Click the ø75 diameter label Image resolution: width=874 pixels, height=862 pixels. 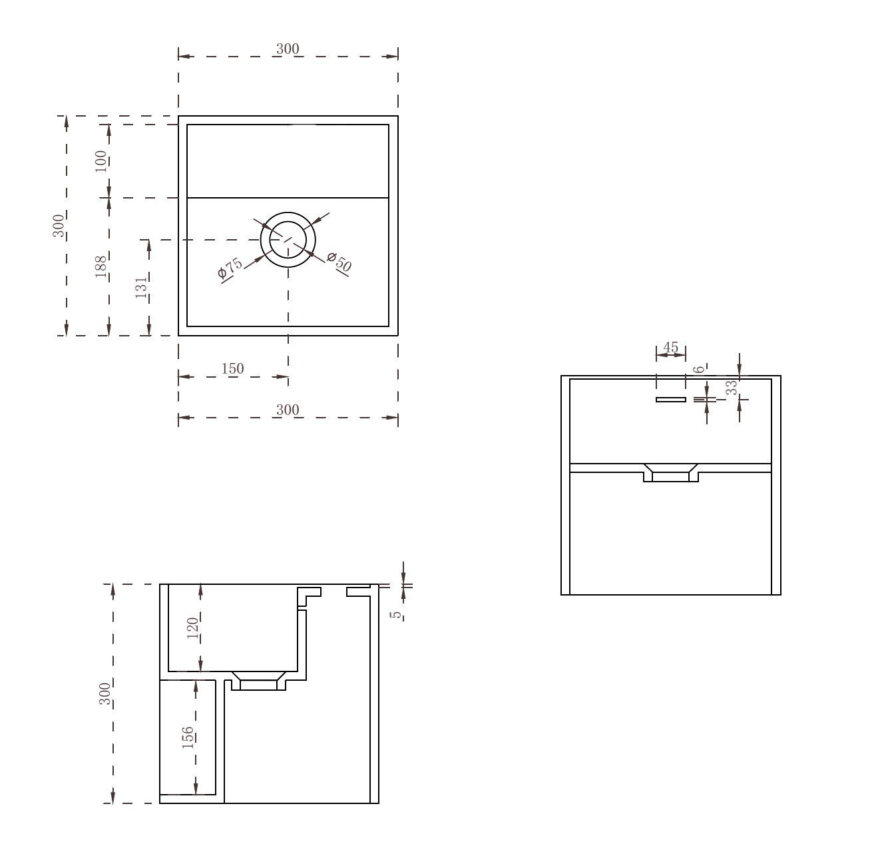(x=230, y=268)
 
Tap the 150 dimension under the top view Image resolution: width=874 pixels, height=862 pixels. (x=233, y=368)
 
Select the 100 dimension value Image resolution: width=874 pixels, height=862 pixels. (x=101, y=161)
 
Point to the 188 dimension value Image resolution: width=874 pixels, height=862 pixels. (x=101, y=266)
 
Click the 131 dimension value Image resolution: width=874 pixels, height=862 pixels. (x=142, y=287)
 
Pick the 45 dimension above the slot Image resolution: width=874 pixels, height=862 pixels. (x=671, y=347)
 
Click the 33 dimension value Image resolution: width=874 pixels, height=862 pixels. (x=732, y=387)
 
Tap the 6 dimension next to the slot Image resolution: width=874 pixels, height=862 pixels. (x=700, y=369)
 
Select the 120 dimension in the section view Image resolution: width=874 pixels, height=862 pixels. (x=193, y=628)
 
